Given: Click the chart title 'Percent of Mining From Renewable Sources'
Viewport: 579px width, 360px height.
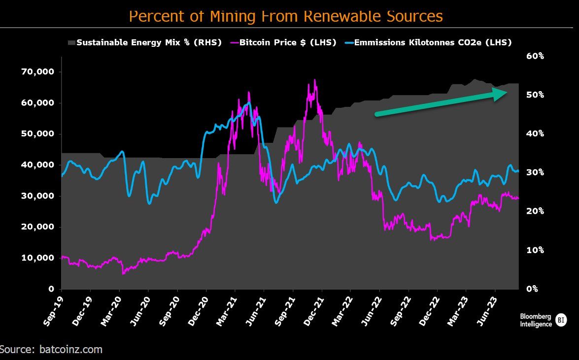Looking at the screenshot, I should pos(286,16).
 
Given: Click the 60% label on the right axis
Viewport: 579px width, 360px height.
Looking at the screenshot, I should pos(535,56).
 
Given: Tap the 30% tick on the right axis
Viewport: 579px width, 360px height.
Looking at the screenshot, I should pos(535,172).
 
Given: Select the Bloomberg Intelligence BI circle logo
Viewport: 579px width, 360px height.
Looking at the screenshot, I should pos(561,320).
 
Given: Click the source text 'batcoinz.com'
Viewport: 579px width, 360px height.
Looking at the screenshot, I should pos(68,350).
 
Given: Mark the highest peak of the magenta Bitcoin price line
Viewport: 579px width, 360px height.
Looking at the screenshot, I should pos(314,80).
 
